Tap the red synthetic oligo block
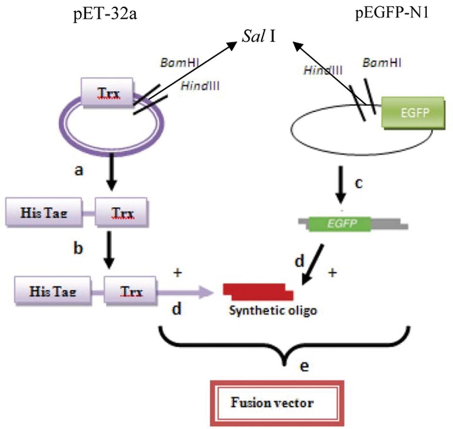[258, 290]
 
